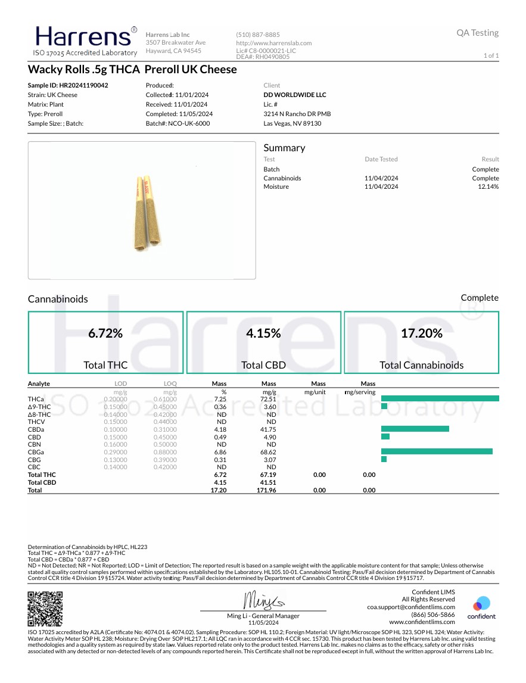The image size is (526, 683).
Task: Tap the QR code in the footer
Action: coord(45,607)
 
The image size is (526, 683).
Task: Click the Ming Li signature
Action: coord(263,600)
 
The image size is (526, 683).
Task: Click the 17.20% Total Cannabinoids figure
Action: coord(421,333)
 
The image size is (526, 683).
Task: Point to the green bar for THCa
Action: coord(440,398)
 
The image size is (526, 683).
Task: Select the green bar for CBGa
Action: coord(437,451)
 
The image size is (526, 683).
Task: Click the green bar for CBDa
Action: coord(415,429)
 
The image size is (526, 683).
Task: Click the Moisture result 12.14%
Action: coord(488,187)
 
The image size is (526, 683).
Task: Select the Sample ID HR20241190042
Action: coord(68,85)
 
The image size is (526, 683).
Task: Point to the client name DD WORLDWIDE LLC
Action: coord(295,95)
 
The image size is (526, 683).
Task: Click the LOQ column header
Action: coord(170,383)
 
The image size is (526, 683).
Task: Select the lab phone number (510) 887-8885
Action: coord(258,35)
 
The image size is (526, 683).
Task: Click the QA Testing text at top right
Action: coord(477,33)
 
